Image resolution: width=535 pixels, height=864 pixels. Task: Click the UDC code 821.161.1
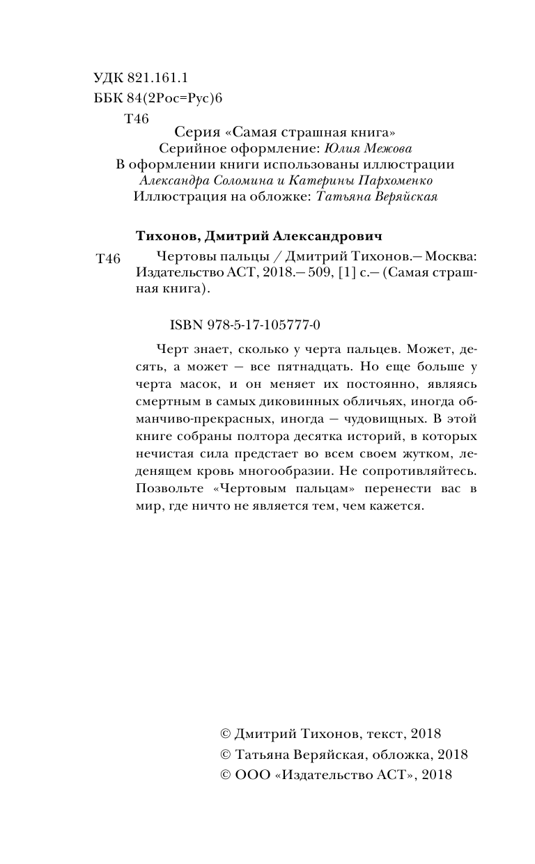(x=160, y=77)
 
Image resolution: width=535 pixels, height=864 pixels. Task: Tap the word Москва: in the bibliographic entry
(x=453, y=256)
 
